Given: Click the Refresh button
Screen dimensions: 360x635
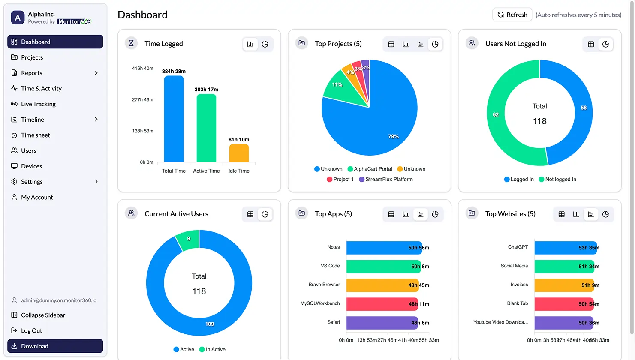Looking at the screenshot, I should (x=512, y=15).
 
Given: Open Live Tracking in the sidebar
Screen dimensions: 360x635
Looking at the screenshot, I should (x=38, y=104).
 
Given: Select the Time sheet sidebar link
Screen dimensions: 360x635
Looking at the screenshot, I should (x=36, y=135).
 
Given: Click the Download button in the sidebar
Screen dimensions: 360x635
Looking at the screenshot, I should (x=55, y=346).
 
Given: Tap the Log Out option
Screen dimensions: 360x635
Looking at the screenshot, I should (x=31, y=330).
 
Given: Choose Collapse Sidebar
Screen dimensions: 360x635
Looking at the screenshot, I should (x=43, y=315).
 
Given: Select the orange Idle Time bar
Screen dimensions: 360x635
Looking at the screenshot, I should (x=239, y=153).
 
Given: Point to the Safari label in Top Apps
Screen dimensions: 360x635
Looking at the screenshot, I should (x=333, y=322).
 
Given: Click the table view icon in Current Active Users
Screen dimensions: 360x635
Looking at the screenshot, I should (x=250, y=214).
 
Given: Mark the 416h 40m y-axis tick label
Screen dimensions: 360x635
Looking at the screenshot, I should (x=142, y=68).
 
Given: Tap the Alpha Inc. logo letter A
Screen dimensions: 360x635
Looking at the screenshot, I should (x=18, y=18).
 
